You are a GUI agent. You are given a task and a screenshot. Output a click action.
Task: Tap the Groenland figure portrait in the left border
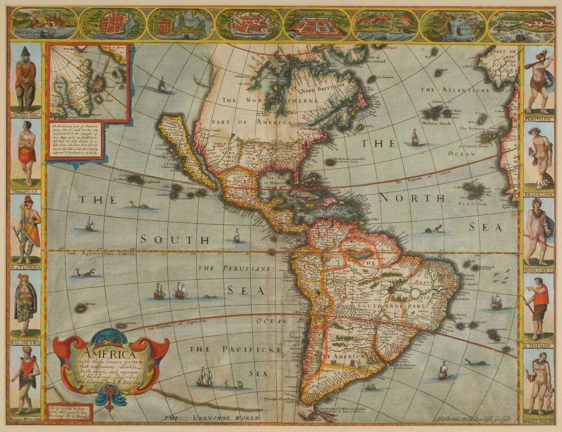[x=25, y=77]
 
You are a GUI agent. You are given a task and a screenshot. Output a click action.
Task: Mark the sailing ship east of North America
[x=414, y=136]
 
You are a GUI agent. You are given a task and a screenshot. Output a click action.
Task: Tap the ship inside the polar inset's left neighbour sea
[x=162, y=85]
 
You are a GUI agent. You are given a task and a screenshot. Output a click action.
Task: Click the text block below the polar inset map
[x=75, y=140]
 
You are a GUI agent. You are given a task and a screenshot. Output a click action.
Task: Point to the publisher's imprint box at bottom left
[x=66, y=411]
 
